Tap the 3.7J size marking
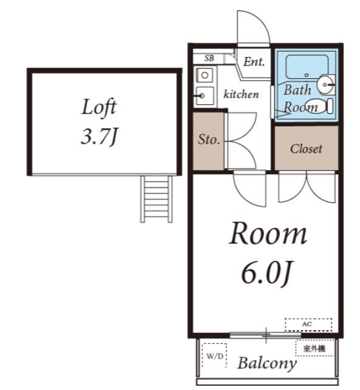click(99, 136)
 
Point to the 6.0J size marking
click(267, 273)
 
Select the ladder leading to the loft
click(156, 199)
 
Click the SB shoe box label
click(209, 58)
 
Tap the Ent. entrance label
click(254, 62)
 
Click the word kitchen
click(241, 94)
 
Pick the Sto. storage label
click(209, 140)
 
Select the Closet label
click(306, 149)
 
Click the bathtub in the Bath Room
click(307, 67)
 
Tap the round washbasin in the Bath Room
click(325, 84)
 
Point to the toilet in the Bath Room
click(319, 106)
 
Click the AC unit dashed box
click(308, 324)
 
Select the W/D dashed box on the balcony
click(214, 356)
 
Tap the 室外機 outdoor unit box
click(315, 348)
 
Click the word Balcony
click(267, 363)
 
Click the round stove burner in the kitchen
click(205, 75)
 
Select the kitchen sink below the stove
click(205, 96)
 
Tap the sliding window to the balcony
click(265, 335)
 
